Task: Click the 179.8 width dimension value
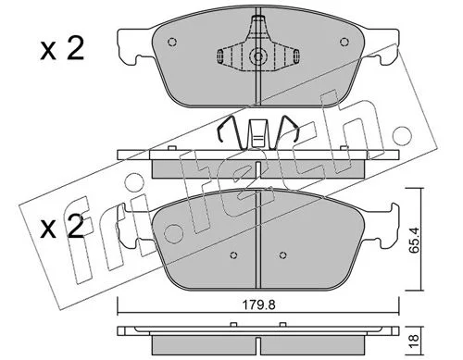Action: [x=258, y=305]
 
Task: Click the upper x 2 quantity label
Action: [x=62, y=49]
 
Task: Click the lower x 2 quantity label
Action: [x=62, y=228]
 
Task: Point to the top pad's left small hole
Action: [x=172, y=42]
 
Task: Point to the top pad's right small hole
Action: [x=344, y=42]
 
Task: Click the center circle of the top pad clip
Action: [x=258, y=56]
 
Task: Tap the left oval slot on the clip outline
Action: [x=220, y=56]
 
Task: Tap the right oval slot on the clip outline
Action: [x=295, y=56]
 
